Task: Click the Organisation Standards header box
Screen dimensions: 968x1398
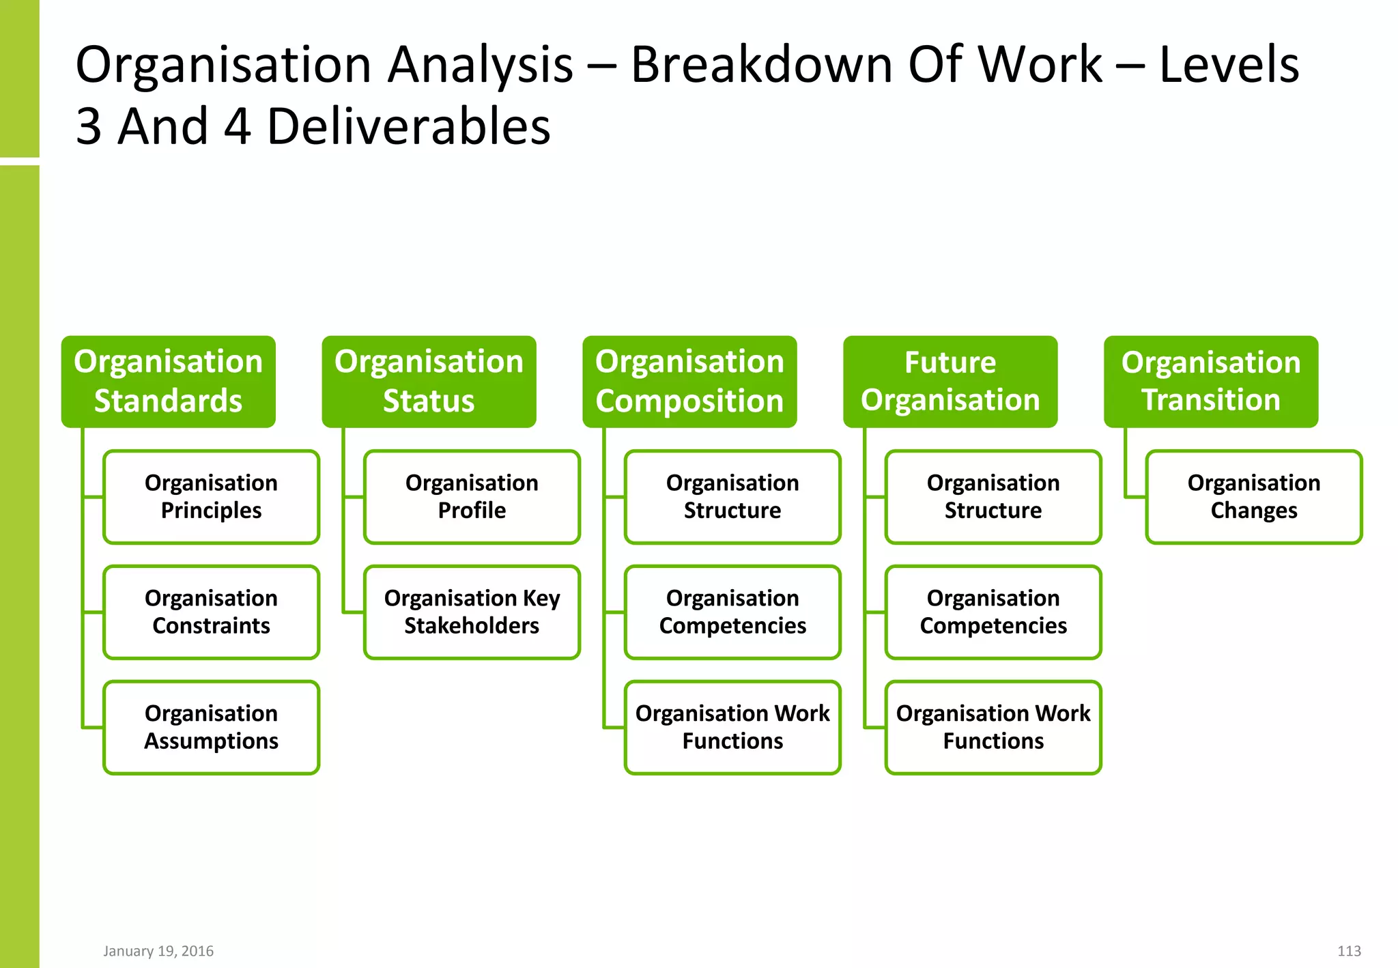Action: (x=168, y=382)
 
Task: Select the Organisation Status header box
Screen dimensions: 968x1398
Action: (x=429, y=382)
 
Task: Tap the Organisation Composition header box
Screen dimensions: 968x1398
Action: (x=689, y=382)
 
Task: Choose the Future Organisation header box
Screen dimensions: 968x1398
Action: (x=950, y=382)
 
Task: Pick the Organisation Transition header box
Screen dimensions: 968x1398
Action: (x=1211, y=382)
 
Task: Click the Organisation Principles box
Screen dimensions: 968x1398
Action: (x=211, y=497)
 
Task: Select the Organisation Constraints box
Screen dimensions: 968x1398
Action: (x=211, y=612)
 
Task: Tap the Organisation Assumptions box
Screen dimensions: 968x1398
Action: (x=211, y=728)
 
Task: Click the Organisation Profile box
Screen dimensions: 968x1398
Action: (x=472, y=497)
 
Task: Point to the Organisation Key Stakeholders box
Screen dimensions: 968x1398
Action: (x=472, y=612)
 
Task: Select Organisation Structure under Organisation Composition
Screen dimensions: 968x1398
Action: (x=732, y=497)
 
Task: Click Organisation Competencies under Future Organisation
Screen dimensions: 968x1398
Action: (x=993, y=612)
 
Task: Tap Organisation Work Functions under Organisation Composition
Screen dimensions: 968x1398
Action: (x=732, y=728)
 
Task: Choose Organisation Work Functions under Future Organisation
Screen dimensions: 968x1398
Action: (x=993, y=728)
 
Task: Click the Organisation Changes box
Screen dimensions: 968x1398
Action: (x=1254, y=497)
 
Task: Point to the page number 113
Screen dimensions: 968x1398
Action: (x=1349, y=951)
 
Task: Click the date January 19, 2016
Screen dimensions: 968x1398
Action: (x=158, y=951)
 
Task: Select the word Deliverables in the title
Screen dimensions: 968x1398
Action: (x=408, y=127)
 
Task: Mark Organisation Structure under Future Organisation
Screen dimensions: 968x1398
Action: (x=993, y=497)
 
